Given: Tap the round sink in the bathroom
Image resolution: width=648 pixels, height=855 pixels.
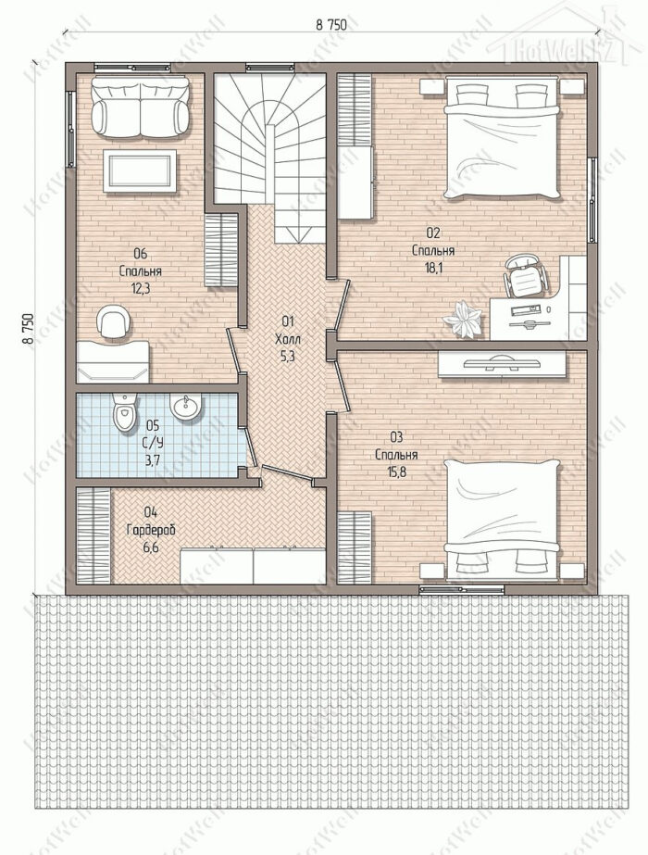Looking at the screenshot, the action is click(x=185, y=407).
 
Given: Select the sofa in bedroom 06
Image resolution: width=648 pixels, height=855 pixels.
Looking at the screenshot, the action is click(x=140, y=107).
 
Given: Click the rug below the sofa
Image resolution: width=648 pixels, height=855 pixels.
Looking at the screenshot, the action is click(x=140, y=170).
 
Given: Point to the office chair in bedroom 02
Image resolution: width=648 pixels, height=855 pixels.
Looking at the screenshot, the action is click(x=523, y=275).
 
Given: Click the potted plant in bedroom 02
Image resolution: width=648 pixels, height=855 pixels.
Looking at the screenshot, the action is click(x=462, y=319).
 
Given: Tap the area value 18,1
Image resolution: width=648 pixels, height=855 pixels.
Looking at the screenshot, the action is click(x=432, y=268).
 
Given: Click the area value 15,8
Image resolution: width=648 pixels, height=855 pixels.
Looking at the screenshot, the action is click(x=397, y=472).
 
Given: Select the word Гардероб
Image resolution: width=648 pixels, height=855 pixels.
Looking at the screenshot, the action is click(x=151, y=530).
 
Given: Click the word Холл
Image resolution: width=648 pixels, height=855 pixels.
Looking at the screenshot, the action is click(x=288, y=339).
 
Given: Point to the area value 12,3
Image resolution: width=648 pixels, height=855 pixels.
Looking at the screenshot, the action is click(x=141, y=288).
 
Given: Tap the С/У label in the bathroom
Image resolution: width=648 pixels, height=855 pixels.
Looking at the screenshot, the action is click(x=155, y=442).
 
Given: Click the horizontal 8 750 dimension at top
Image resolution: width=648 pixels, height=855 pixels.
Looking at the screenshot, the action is click(x=331, y=24).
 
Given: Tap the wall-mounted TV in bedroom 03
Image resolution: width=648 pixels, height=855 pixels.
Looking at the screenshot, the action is click(x=502, y=363).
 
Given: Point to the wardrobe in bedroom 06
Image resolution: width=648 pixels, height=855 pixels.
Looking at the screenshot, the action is click(x=221, y=250).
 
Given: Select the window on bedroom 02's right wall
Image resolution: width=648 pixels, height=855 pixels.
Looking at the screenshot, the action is click(x=592, y=199).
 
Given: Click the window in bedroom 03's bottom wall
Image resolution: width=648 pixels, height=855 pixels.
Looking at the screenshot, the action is click(x=462, y=589).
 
